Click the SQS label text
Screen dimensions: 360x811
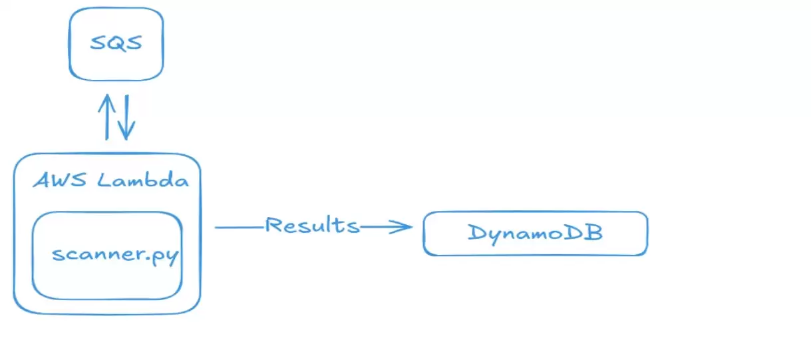click(x=116, y=44)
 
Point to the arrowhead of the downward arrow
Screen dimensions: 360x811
click(x=126, y=135)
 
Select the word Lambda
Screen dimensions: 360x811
click(x=143, y=180)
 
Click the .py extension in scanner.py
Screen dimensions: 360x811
click(x=164, y=256)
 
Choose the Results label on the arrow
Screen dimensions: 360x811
click(x=312, y=225)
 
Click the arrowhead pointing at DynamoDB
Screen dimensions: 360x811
click(x=403, y=228)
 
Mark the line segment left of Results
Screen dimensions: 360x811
click(x=239, y=228)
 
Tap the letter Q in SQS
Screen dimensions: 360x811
click(x=116, y=44)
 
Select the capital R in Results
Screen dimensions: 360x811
click(x=275, y=225)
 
